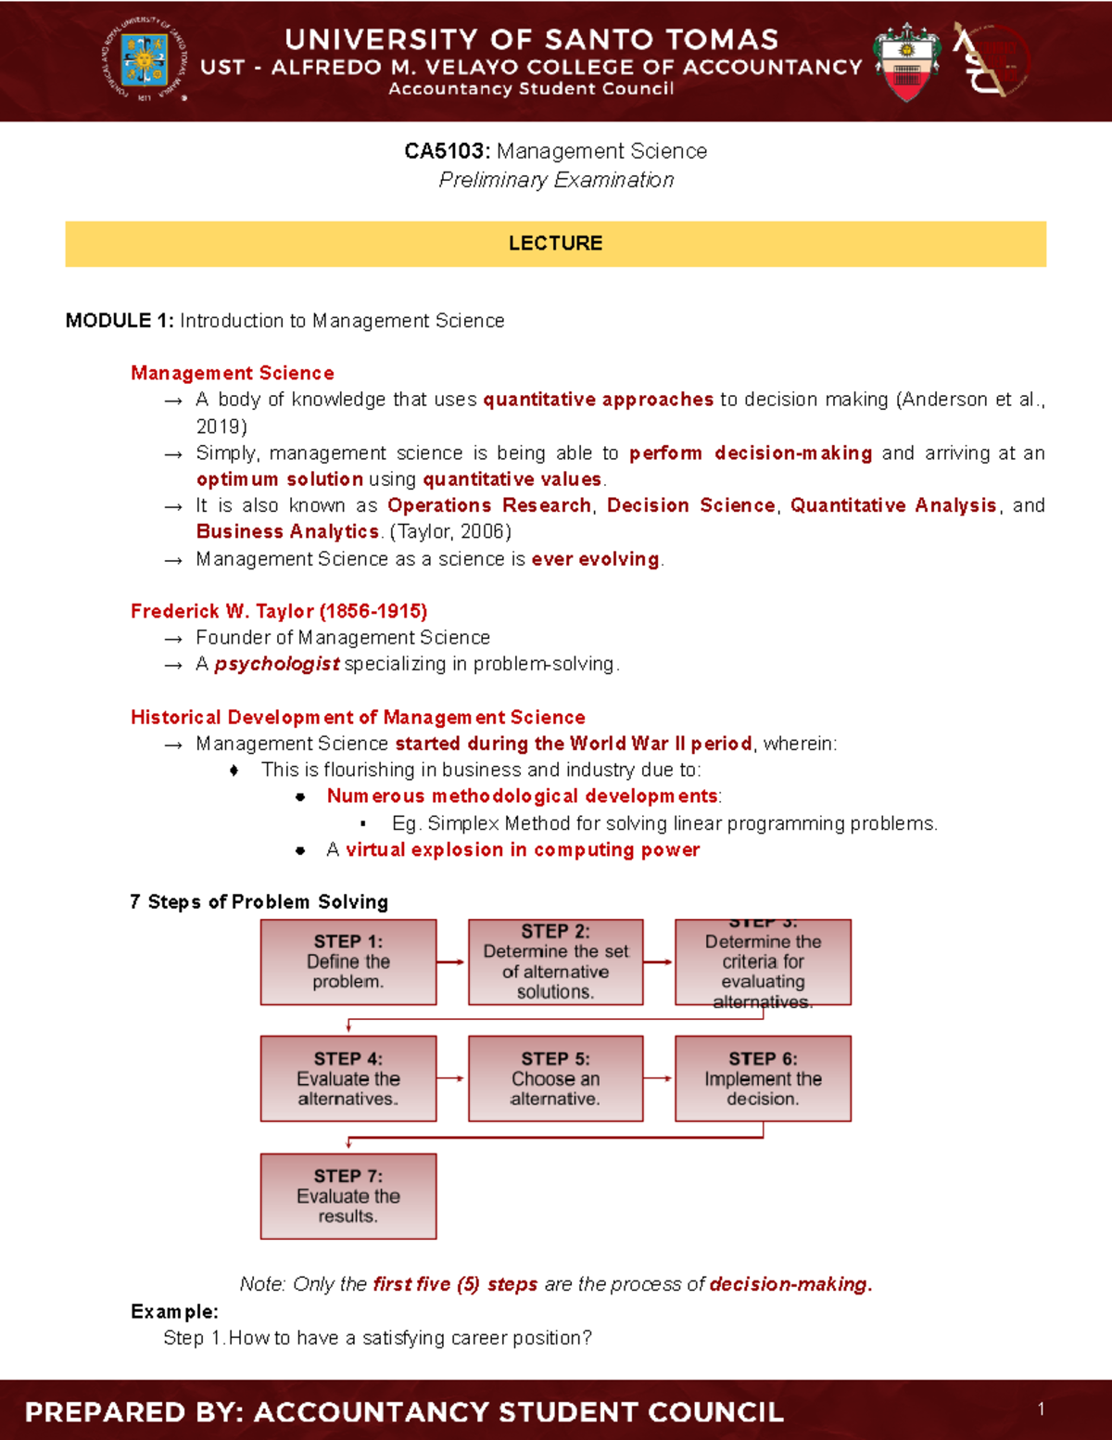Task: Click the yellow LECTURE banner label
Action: [555, 244]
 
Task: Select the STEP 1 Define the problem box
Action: [348, 962]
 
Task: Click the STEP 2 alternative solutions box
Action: [556, 962]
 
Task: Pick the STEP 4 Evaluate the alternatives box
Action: [348, 1079]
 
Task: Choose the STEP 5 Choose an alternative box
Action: [556, 1079]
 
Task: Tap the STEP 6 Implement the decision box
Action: [763, 1079]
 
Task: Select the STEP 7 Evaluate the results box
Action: [348, 1196]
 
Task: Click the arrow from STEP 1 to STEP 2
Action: [451, 962]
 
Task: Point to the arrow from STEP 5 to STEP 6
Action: [658, 1078]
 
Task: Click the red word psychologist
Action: [277, 664]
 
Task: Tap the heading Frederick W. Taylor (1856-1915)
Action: [279, 611]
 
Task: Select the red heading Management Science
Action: [233, 373]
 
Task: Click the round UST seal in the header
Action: [145, 60]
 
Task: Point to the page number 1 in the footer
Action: [1042, 1409]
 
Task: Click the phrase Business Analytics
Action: [287, 531]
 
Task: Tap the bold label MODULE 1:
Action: [119, 321]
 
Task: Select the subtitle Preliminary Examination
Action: [556, 180]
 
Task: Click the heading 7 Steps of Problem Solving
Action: [259, 901]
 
